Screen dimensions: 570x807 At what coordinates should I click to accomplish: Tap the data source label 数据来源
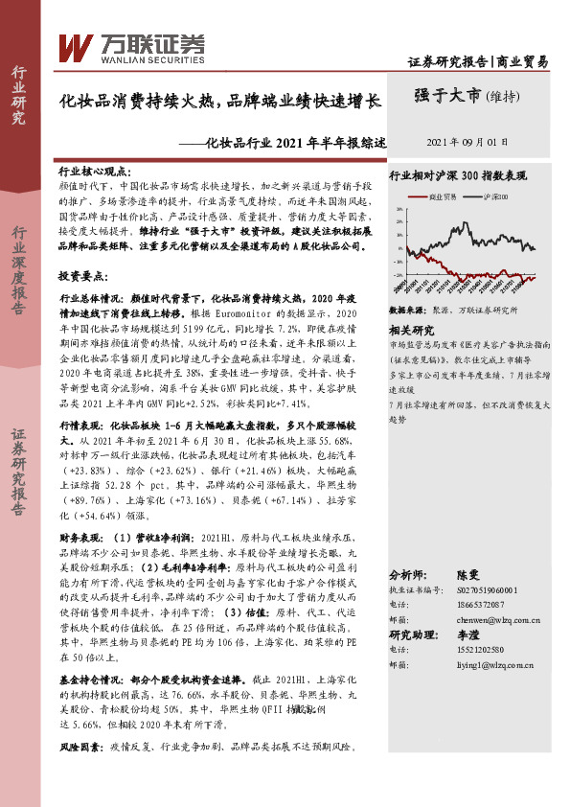coord(407,311)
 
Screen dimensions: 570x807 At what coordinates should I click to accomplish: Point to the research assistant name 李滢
coord(467,634)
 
